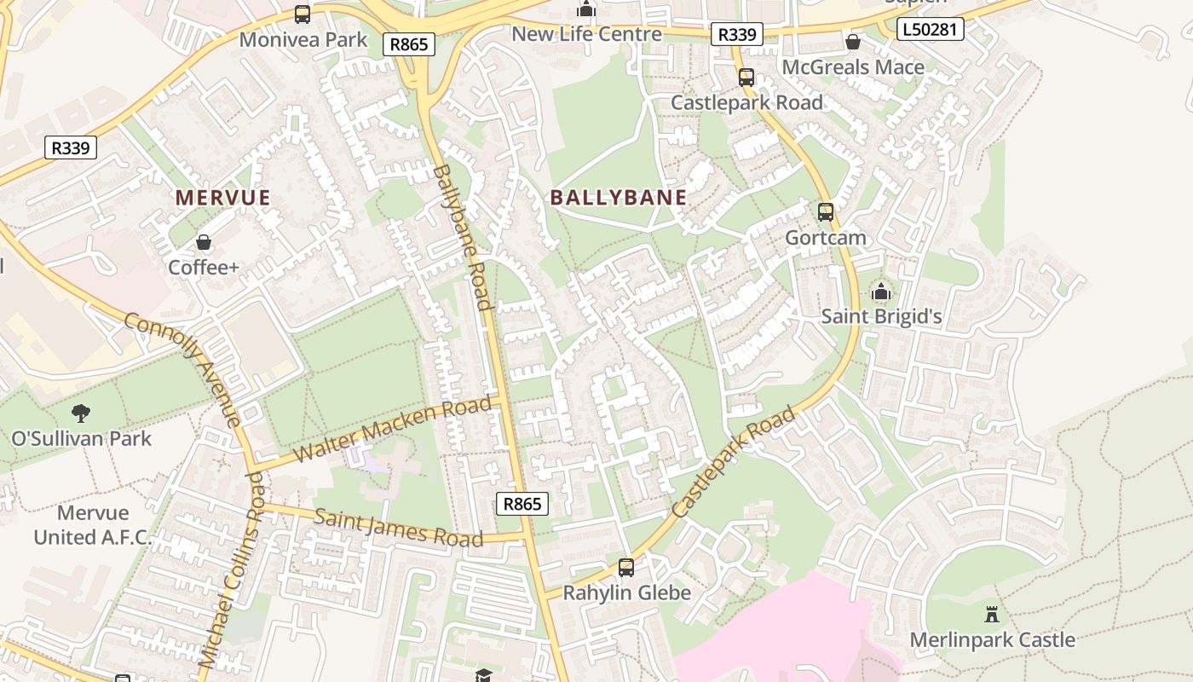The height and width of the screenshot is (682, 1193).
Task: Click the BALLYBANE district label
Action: click(618, 198)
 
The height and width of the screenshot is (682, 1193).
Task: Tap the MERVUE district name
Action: click(222, 198)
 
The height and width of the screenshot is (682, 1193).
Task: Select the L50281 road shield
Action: click(931, 30)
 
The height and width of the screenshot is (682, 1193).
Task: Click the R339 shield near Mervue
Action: click(71, 147)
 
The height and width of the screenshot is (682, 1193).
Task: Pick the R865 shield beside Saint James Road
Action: click(522, 504)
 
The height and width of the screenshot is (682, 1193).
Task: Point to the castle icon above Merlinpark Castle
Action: click(992, 614)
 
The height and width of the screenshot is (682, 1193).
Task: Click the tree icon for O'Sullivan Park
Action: click(81, 413)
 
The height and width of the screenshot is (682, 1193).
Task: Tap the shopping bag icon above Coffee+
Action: click(203, 242)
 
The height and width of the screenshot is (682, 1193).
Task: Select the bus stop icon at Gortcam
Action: click(825, 211)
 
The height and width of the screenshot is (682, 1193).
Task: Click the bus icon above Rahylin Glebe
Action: click(626, 567)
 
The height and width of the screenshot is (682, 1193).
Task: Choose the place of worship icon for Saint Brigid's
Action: click(881, 292)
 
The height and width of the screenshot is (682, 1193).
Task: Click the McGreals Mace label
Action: click(853, 67)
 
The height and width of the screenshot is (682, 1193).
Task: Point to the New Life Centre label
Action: click(586, 34)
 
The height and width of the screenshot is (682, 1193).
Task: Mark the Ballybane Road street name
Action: click(462, 237)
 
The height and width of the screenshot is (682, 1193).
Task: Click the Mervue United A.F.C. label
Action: click(93, 525)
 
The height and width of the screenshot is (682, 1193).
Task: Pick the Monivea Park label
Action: click(303, 39)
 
